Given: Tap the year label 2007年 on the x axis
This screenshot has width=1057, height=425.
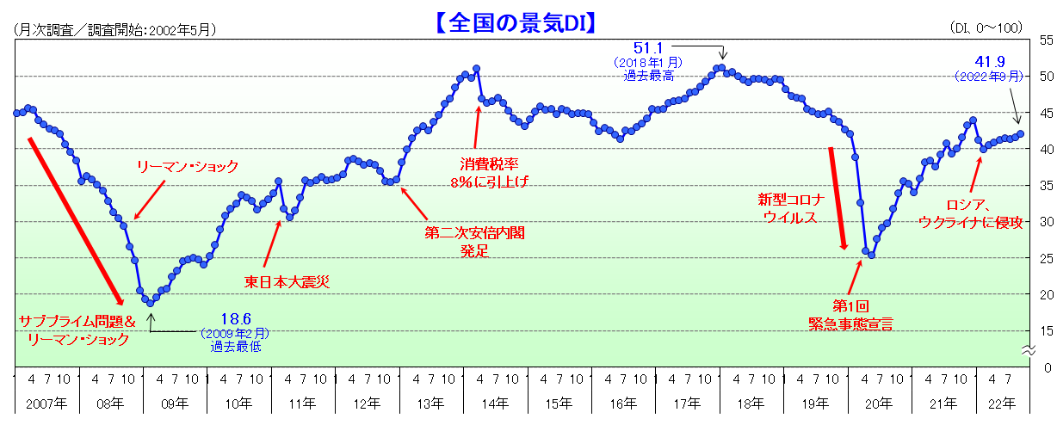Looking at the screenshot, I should pyautogui.click(x=46, y=403).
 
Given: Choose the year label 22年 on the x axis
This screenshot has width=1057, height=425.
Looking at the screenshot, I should pyautogui.click(x=1000, y=403).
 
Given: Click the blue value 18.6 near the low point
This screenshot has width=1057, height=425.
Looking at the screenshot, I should pyautogui.click(x=235, y=317).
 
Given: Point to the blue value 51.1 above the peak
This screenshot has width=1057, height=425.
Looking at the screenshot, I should pyautogui.click(x=651, y=47).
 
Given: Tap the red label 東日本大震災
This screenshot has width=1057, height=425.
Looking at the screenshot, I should pyautogui.click(x=287, y=280).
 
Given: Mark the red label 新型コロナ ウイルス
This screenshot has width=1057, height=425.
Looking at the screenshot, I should pyautogui.click(x=791, y=208).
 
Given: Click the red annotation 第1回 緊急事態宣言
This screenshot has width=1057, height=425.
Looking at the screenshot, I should pyautogui.click(x=850, y=315).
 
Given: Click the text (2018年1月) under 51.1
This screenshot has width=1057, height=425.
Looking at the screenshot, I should pyautogui.click(x=647, y=63).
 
